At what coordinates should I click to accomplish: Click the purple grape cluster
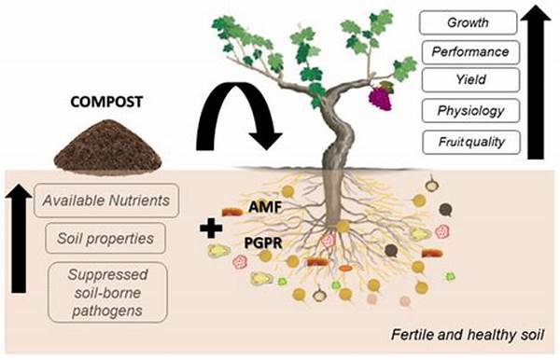(x=380, y=95)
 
